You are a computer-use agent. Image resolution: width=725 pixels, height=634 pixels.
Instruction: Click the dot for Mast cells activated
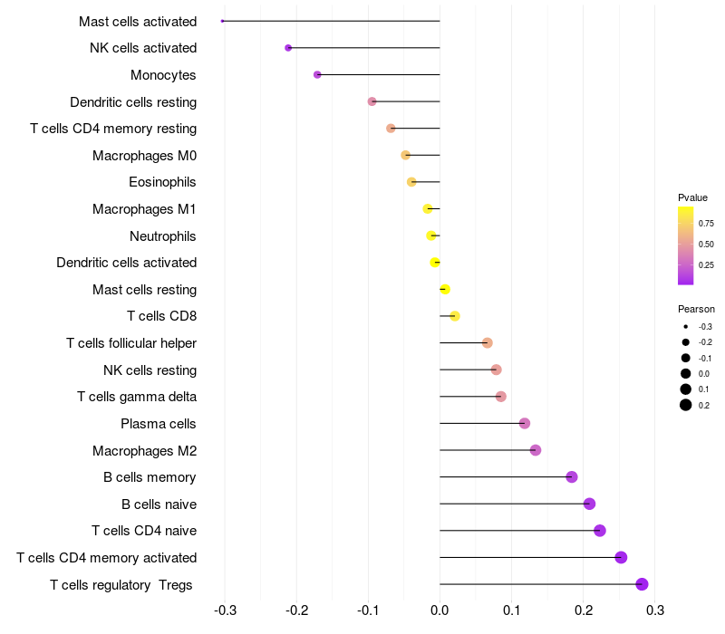(x=222, y=21)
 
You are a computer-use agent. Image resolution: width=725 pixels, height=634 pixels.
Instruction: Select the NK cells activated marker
(x=288, y=48)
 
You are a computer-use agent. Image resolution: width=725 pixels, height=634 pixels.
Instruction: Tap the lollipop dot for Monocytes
(x=317, y=74)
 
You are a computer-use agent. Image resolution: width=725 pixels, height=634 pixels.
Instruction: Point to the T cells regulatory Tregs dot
(x=642, y=584)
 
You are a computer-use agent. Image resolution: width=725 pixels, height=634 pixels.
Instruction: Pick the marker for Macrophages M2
(x=536, y=449)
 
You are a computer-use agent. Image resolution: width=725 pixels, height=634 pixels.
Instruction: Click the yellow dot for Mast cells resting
(x=445, y=289)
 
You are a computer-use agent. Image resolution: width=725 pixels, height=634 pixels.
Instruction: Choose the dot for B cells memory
(x=572, y=477)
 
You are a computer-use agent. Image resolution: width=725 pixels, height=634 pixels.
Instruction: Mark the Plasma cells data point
(x=525, y=423)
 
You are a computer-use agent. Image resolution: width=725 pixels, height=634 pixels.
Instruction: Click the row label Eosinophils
(x=162, y=182)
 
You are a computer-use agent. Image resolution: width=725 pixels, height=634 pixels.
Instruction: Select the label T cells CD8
(x=162, y=316)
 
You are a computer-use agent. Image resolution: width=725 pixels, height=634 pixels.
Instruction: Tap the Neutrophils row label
(x=163, y=236)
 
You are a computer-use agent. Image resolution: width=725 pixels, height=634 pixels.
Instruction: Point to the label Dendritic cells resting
(x=133, y=102)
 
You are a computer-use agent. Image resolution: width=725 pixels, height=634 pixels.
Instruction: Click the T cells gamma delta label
(x=137, y=397)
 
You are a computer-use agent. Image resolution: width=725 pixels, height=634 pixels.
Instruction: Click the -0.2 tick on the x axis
(x=297, y=610)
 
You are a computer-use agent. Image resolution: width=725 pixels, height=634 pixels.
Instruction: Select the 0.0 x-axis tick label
(x=440, y=610)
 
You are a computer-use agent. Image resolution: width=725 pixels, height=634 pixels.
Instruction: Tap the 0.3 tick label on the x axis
(x=655, y=610)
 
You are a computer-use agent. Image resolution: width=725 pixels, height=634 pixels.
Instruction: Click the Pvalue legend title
(x=692, y=197)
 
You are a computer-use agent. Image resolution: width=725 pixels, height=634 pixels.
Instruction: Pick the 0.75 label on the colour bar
(x=706, y=224)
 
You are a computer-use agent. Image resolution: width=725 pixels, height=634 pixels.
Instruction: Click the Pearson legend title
(x=696, y=309)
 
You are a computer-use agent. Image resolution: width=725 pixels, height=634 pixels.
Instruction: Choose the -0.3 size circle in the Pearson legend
(x=686, y=327)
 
